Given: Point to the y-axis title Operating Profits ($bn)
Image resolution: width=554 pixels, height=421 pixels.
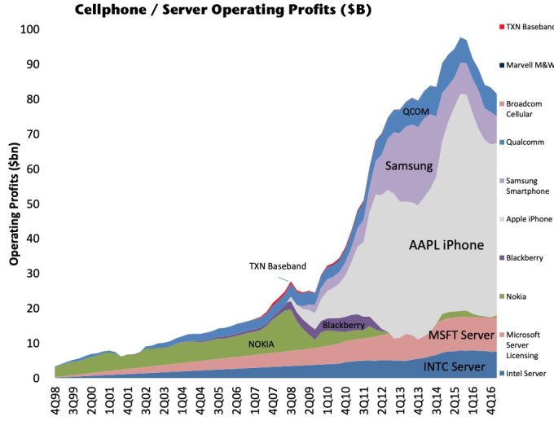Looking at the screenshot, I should coord(14,204).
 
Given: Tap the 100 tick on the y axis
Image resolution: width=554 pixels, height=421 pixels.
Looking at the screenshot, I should coord(30,29).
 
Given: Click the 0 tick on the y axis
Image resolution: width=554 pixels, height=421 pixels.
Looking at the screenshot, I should coord(37,379).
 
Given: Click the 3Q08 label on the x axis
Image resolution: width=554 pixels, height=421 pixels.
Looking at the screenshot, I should coord(289,401).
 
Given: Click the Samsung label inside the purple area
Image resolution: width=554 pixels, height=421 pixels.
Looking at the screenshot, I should coord(408,166).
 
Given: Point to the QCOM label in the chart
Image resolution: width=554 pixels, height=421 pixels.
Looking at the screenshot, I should coord(415,112).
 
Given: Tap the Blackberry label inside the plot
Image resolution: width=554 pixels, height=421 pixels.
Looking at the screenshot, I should coord(344,325).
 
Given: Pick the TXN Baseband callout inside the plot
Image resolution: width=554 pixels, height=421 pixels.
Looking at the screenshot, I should coord(278,266).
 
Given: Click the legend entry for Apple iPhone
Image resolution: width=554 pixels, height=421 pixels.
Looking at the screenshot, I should coord(529,220).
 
